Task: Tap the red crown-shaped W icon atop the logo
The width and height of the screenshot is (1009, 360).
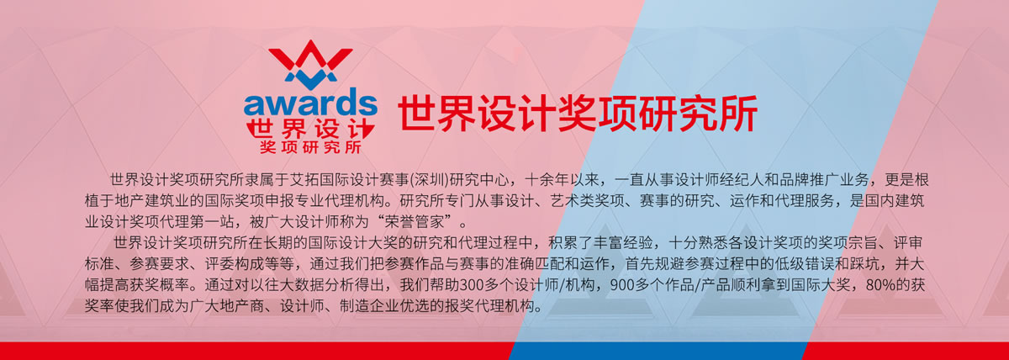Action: [310, 55]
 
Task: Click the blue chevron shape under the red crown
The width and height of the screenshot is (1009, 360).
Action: [310, 78]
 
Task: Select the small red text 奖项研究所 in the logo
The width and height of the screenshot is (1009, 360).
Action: [310, 147]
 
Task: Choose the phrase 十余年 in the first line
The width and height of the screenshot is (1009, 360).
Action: [547, 180]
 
